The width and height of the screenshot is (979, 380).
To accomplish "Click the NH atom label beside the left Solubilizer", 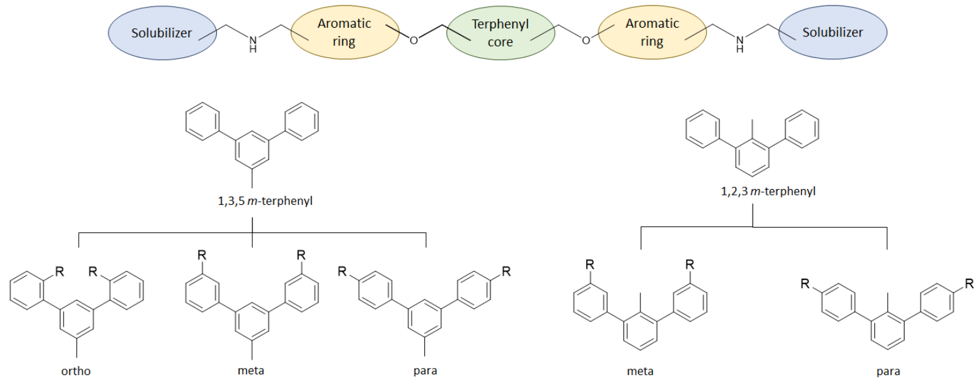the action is tap(253, 44).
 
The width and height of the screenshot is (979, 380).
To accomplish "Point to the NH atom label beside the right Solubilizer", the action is tap(739, 44).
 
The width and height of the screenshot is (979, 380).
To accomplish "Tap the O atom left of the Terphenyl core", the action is tap(414, 40).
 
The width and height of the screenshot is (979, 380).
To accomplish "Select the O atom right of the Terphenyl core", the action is tap(586, 40).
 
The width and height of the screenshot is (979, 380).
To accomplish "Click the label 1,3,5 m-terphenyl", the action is tap(265, 201).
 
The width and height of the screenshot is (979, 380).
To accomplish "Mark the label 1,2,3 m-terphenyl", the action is tap(768, 192).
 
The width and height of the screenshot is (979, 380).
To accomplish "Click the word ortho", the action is tap(76, 371).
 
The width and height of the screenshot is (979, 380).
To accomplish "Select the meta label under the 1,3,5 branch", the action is tap(251, 371).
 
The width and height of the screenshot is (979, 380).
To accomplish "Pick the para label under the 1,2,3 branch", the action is tap(888, 372).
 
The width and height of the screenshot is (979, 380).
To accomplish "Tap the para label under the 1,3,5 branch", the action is tap(426, 371).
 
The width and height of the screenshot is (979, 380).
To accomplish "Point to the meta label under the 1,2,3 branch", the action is tap(640, 372).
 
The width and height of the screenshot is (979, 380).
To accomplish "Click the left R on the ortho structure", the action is tap(59, 272).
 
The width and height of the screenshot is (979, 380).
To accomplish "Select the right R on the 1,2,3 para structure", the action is tap(970, 284).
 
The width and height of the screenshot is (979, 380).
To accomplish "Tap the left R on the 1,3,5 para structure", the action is tap(342, 272).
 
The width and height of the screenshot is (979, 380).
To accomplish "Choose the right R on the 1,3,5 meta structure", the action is tap(301, 255).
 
